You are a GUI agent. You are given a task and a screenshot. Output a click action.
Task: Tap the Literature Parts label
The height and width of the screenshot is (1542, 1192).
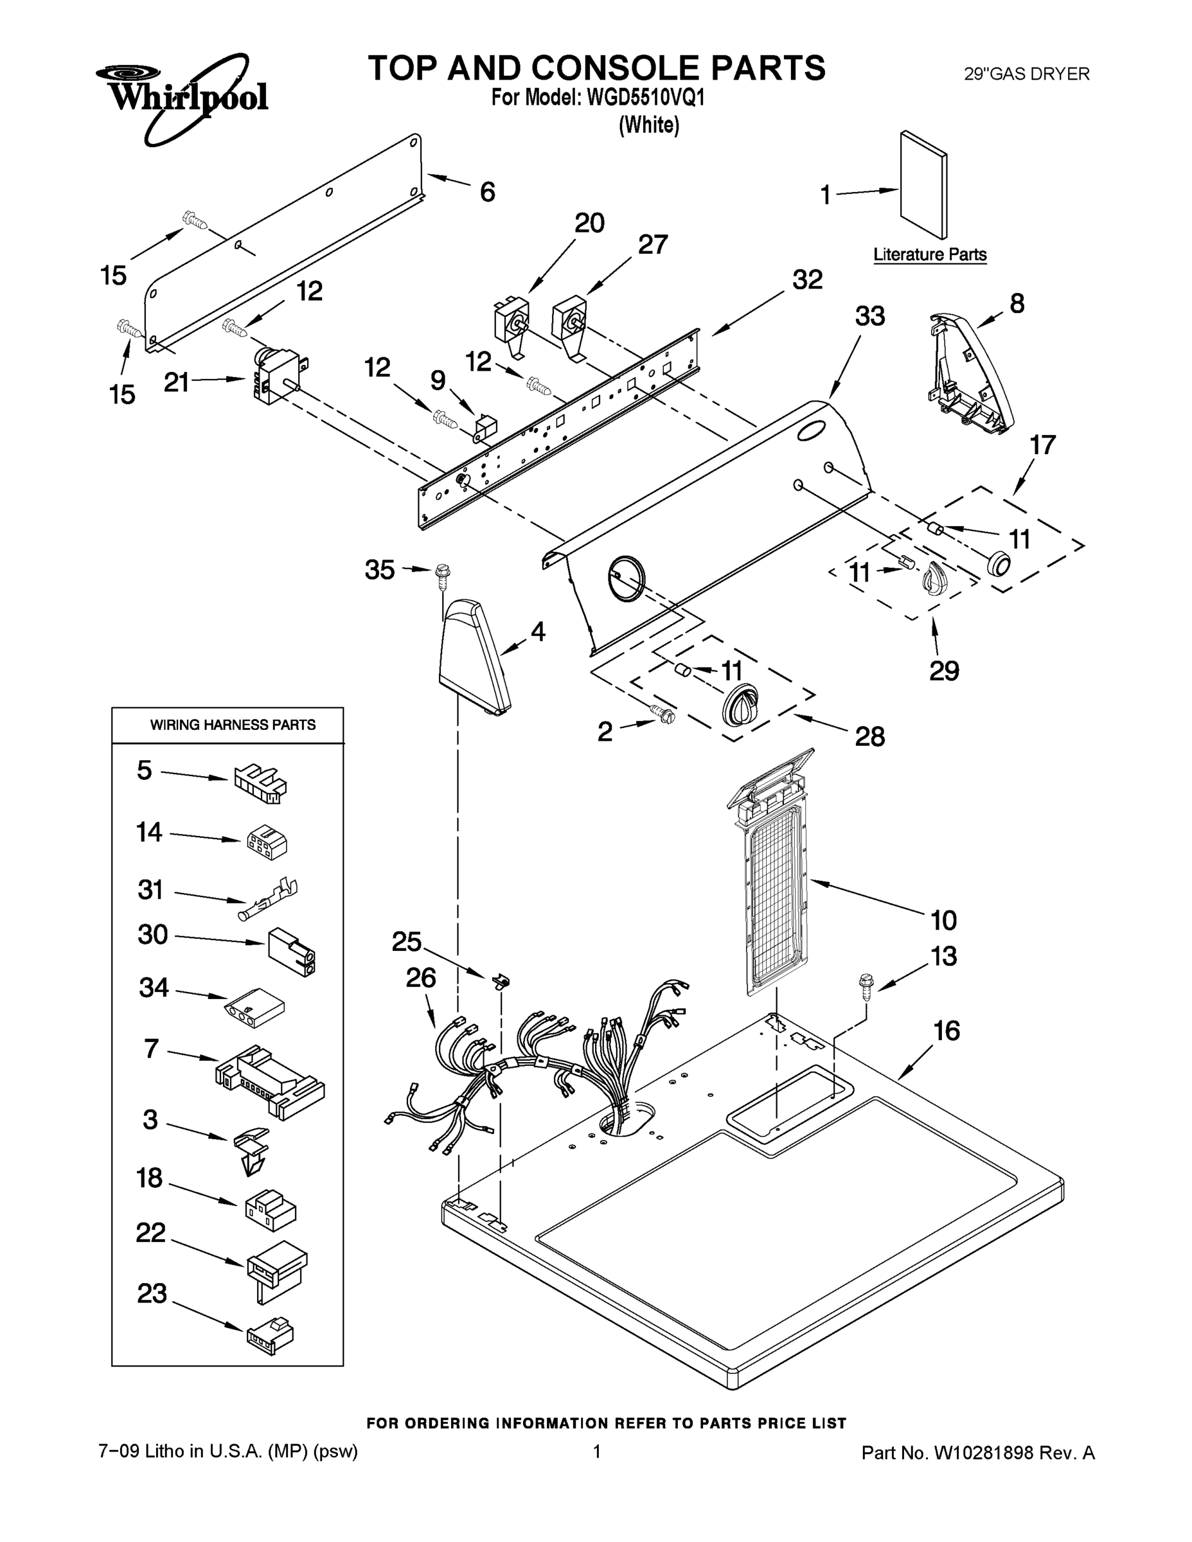click(929, 254)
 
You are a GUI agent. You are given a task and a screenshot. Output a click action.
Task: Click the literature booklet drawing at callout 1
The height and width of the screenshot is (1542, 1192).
click(923, 185)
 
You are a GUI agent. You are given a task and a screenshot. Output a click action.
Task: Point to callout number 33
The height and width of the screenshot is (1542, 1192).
click(869, 316)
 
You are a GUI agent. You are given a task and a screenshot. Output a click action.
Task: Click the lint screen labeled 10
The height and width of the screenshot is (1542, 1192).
click(776, 883)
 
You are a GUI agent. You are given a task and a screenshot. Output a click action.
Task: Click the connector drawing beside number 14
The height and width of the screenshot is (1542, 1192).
click(267, 842)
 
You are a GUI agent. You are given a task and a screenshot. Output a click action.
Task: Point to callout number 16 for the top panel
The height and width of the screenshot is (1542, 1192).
click(947, 1031)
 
